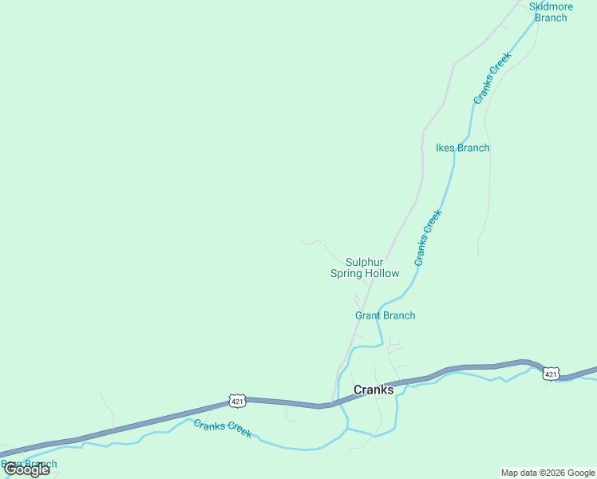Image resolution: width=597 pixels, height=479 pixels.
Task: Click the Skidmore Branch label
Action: (x=551, y=12)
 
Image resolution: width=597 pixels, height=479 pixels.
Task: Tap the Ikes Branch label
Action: (x=462, y=148)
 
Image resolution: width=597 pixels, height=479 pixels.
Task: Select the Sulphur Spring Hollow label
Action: (x=365, y=267)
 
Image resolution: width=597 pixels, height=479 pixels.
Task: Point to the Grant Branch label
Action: (x=385, y=315)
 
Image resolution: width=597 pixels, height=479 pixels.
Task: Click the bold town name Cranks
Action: (x=374, y=390)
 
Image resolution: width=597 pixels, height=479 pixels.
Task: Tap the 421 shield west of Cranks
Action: (x=236, y=399)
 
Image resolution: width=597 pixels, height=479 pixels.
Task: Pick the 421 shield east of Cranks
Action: (x=551, y=374)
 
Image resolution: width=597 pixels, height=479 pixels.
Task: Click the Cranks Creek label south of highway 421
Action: (x=223, y=429)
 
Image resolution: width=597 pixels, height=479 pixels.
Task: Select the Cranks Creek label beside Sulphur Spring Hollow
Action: (x=428, y=237)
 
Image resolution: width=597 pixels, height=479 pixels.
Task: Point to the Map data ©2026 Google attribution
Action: (x=548, y=473)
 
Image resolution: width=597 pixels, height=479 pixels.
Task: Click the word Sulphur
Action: (x=365, y=262)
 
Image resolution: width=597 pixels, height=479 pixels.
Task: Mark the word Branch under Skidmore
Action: (x=551, y=18)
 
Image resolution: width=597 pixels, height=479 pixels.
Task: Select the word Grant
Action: (x=369, y=315)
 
